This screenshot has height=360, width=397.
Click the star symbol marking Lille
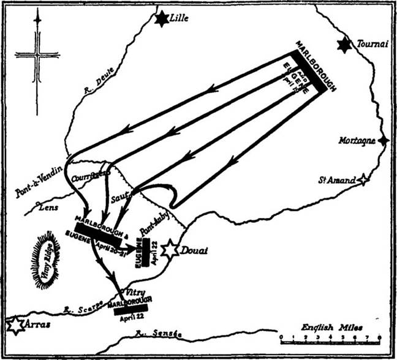click(x=162, y=19)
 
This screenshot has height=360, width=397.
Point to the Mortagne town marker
click(x=383, y=141)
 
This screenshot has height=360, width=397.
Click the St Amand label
click(x=336, y=180)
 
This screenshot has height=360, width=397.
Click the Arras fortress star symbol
click(x=15, y=324)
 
